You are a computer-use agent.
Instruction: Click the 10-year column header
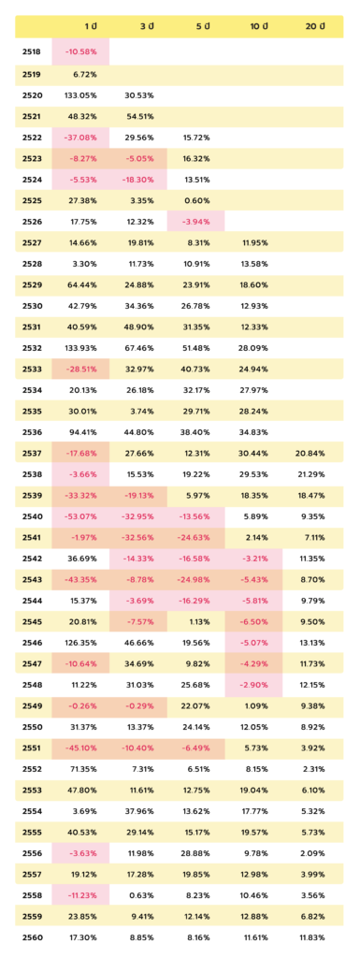tap(259, 26)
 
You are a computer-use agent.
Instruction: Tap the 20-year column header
tap(315, 26)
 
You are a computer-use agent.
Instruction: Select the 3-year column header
tap(147, 26)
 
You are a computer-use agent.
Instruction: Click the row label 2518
tap(31, 52)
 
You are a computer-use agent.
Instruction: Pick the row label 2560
tap(31, 937)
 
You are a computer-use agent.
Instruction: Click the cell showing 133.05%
tap(80, 95)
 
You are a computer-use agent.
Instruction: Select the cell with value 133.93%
tap(80, 348)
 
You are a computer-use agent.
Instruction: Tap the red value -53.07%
tap(80, 516)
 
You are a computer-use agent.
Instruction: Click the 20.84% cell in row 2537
tap(310, 454)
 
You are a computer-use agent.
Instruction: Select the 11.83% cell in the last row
tap(311, 937)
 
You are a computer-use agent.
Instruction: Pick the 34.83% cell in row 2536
tap(253, 432)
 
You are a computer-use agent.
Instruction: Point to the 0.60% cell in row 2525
tap(198, 201)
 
